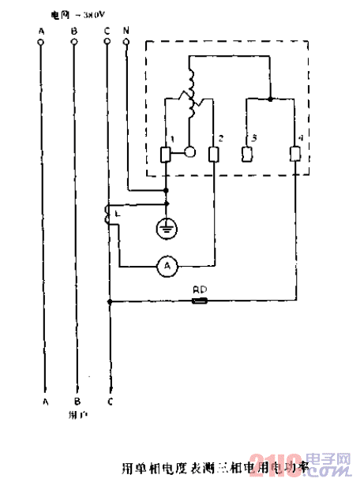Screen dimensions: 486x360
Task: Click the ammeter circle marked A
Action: (167, 267)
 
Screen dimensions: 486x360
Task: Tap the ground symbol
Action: (166, 228)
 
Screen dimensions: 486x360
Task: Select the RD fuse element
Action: (201, 301)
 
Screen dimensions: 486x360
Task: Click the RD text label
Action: (200, 290)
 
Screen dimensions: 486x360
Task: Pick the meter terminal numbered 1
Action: (166, 154)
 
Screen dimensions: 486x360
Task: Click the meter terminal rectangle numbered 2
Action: (213, 154)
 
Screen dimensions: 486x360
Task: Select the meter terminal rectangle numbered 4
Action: (296, 154)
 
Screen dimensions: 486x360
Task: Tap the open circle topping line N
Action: (126, 43)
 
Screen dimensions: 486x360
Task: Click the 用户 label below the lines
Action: (77, 412)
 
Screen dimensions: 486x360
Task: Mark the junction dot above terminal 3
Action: (271, 99)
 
